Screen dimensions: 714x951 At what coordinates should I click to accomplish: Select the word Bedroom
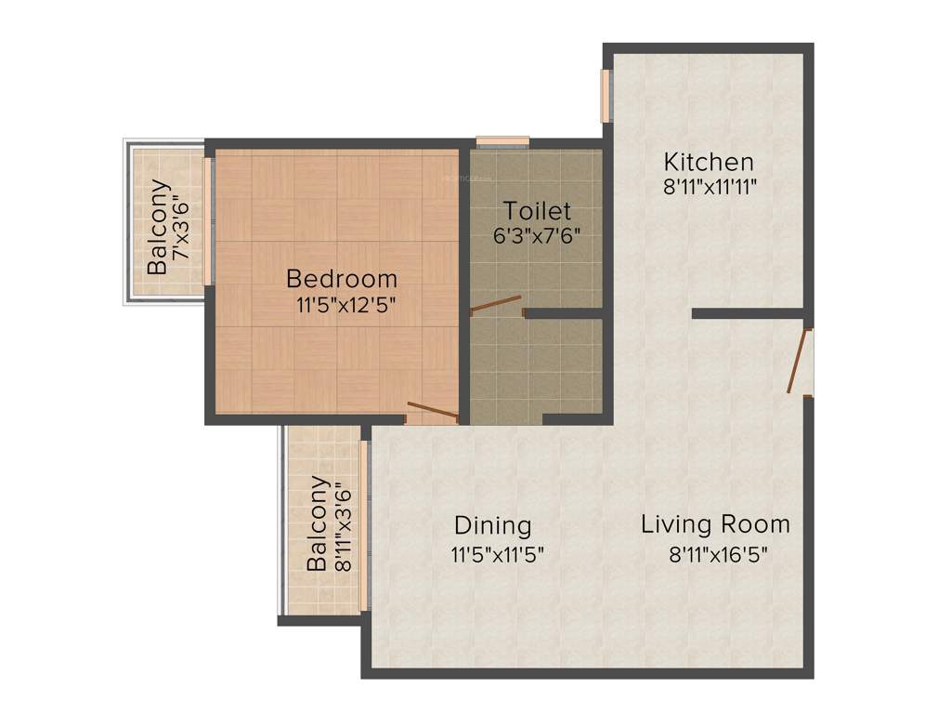tap(341, 278)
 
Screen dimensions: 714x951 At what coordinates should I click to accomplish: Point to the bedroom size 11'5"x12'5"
tap(341, 305)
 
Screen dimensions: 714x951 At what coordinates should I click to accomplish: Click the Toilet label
tap(537, 210)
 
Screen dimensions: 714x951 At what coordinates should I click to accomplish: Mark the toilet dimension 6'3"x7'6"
tap(537, 234)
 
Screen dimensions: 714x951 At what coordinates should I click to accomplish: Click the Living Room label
tap(715, 524)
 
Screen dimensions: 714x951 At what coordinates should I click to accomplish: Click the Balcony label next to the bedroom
tap(158, 226)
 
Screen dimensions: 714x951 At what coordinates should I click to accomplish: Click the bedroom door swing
tap(433, 410)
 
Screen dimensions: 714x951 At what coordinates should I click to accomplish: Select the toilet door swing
tap(496, 305)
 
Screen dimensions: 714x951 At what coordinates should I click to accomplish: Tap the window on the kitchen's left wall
tap(606, 95)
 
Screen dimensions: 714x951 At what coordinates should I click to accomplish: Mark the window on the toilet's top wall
tap(502, 141)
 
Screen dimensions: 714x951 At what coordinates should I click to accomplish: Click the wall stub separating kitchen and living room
tap(748, 314)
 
